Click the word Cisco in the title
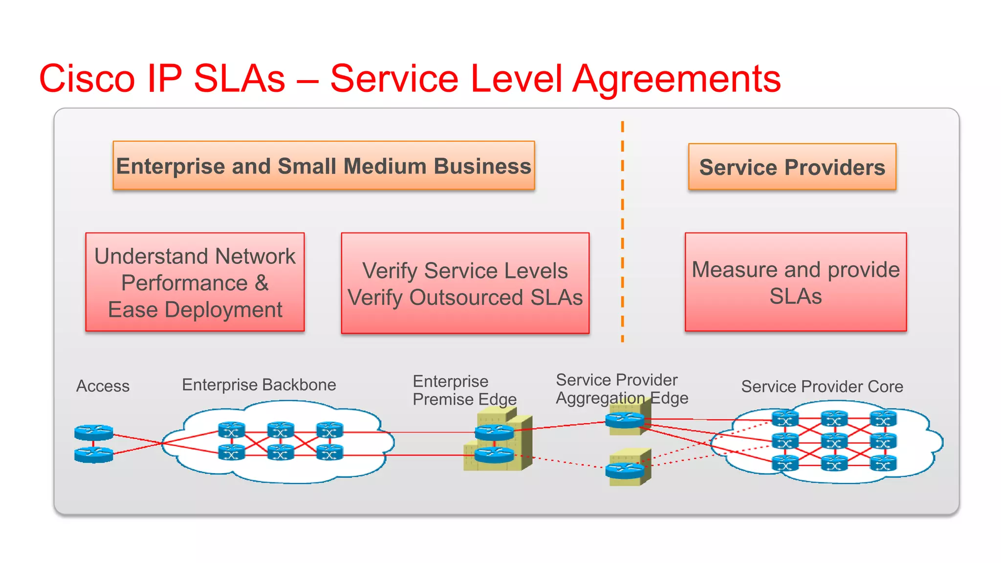tap(87, 79)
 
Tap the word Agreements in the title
tap(676, 79)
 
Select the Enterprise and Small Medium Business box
tap(324, 166)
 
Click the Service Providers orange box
tap(792, 167)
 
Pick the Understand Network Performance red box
tap(195, 282)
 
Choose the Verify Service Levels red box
tap(465, 283)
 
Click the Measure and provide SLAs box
tap(795, 282)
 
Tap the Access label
tap(103, 386)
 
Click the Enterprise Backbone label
tap(259, 385)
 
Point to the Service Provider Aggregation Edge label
tap(621, 389)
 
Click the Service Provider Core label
tap(822, 387)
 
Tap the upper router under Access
tap(94, 432)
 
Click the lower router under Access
tap(94, 455)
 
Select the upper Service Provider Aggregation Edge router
tap(625, 419)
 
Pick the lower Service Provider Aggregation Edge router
tap(625, 470)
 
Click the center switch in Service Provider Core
tap(834, 441)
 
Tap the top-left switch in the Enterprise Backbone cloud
tap(231, 430)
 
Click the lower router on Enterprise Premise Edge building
tap(494, 455)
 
